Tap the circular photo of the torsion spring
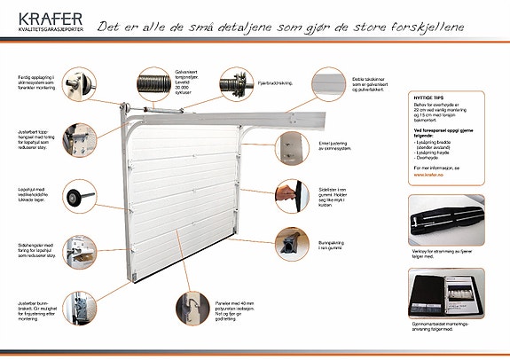(154, 89)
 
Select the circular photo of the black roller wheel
(81, 193)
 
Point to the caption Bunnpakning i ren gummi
(334, 246)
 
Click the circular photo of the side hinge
(82, 249)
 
